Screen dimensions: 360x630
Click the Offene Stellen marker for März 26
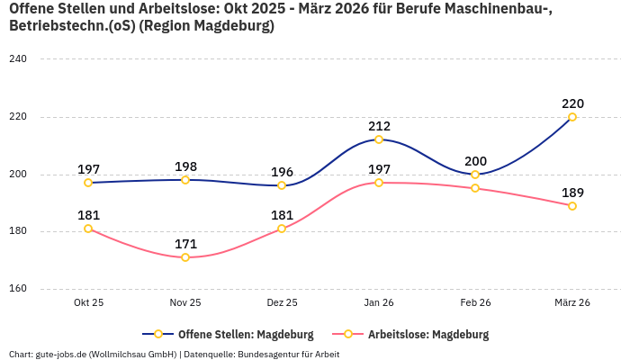coord(572,117)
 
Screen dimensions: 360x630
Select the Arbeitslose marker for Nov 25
coord(185,257)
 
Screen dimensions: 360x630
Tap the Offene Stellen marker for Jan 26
coord(379,139)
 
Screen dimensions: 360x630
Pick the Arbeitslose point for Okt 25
coord(88,229)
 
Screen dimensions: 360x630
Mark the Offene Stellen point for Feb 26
coord(475,175)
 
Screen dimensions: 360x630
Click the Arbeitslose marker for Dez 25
coord(282,229)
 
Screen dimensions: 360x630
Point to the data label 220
coord(572,103)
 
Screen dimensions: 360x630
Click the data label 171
coord(185,244)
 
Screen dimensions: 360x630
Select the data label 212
coord(379,126)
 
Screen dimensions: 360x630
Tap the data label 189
coord(572,192)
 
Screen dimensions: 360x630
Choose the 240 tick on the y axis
coord(18,59)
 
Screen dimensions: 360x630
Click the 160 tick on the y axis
coord(18,289)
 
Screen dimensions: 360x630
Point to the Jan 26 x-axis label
coord(379,303)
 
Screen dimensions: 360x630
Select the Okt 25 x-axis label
coord(88,303)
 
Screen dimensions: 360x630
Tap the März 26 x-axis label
coord(572,303)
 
